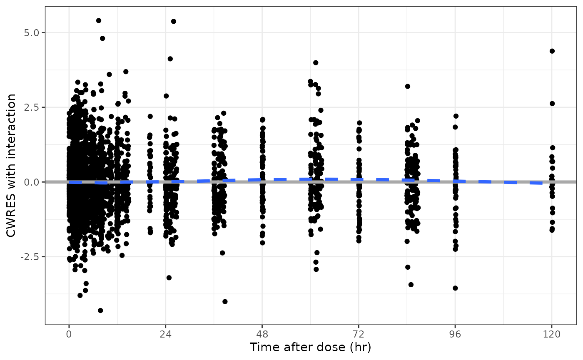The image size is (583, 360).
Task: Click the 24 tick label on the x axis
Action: pyautogui.click(x=165, y=334)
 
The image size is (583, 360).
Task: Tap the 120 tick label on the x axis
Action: pyautogui.click(x=552, y=334)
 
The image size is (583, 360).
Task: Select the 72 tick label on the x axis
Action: pyautogui.click(x=359, y=334)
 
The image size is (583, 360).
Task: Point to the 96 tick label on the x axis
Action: pyautogui.click(x=455, y=334)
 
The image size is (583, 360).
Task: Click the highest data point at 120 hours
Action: pyautogui.click(x=552, y=51)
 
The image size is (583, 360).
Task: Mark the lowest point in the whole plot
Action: pyautogui.click(x=100, y=310)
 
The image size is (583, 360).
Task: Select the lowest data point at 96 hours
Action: pyautogui.click(x=455, y=288)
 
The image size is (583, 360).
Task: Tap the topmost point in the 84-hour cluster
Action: pyautogui.click(x=408, y=87)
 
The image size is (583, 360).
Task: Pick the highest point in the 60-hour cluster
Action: pyautogui.click(x=316, y=63)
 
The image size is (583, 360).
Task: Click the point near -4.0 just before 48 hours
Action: pyautogui.click(x=225, y=301)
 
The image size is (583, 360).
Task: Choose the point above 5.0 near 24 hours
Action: pyautogui.click(x=174, y=21)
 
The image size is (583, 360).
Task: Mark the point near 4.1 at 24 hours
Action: pyautogui.click(x=170, y=59)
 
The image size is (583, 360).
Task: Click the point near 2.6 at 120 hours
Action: pyautogui.click(x=552, y=104)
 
